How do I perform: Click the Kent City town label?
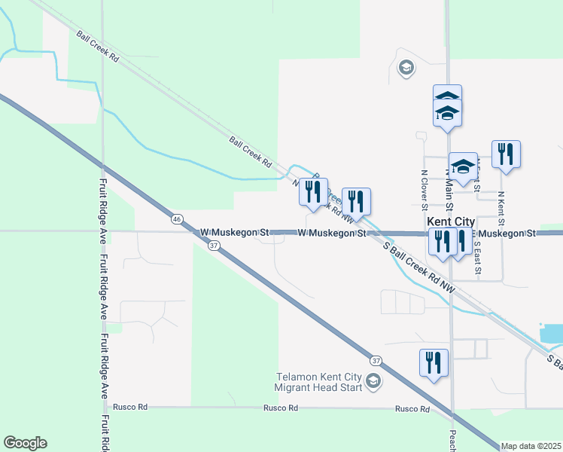[451, 221]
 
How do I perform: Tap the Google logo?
[25, 443]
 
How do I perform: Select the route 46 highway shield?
[176, 218]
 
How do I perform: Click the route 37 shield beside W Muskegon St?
[214, 246]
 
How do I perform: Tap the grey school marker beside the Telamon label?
[373, 383]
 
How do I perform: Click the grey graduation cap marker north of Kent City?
[406, 69]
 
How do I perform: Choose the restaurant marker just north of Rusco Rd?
[434, 363]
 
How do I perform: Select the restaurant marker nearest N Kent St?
[506, 154]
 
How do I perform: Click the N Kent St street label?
[501, 209]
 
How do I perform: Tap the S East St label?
[478, 256]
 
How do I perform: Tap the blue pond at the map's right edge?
[552, 333]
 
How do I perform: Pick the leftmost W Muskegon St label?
[234, 233]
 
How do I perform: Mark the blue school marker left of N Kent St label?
[463, 167]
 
